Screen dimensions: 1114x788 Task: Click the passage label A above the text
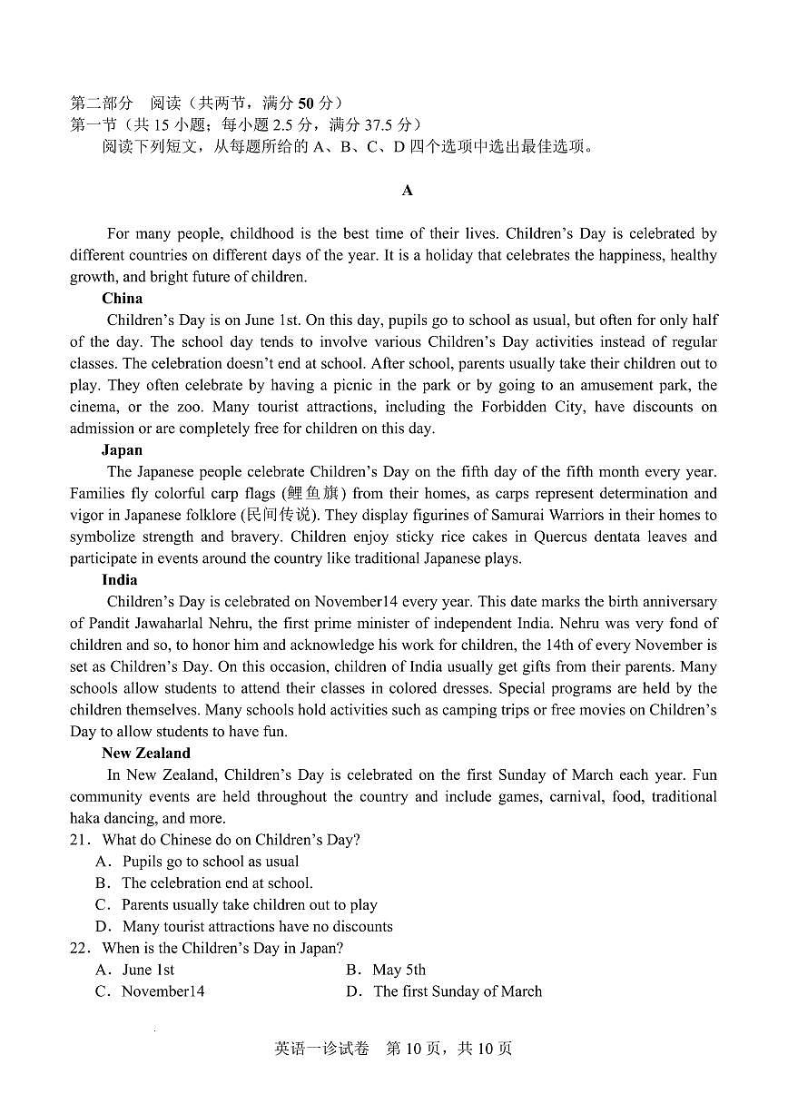(x=408, y=190)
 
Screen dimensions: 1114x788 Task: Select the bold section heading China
(x=122, y=298)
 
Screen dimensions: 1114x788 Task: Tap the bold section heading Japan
(x=122, y=449)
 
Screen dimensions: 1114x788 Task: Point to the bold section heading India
(x=120, y=579)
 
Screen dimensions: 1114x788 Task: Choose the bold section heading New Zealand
(x=146, y=753)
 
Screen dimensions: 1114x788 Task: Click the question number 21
(x=80, y=840)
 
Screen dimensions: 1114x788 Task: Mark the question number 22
(x=80, y=948)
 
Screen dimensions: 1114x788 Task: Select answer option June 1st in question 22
(x=148, y=970)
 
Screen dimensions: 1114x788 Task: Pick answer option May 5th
(x=399, y=970)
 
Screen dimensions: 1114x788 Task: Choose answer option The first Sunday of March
(x=458, y=991)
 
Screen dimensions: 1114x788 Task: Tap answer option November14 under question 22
(x=163, y=991)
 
